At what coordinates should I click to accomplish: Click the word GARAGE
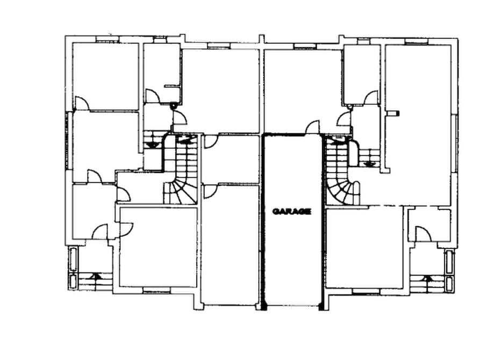point(291,211)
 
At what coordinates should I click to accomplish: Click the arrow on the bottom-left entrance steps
point(96,276)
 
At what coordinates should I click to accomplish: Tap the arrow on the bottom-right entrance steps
point(427,278)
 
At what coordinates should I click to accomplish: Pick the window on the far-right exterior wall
point(455,144)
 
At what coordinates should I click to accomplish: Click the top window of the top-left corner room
point(107,39)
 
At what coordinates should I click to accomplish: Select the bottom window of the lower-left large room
point(156,289)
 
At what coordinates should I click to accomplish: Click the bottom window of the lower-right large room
point(366,291)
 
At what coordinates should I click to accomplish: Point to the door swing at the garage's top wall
point(312,127)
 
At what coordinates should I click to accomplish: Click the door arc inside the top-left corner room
point(82,103)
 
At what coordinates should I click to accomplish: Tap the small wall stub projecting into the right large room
point(393,113)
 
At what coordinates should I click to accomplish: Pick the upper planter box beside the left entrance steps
point(74,260)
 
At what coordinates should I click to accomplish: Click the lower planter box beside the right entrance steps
point(449,284)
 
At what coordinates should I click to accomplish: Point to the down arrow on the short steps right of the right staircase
point(369,164)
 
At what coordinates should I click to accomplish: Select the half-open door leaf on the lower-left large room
point(125,229)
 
